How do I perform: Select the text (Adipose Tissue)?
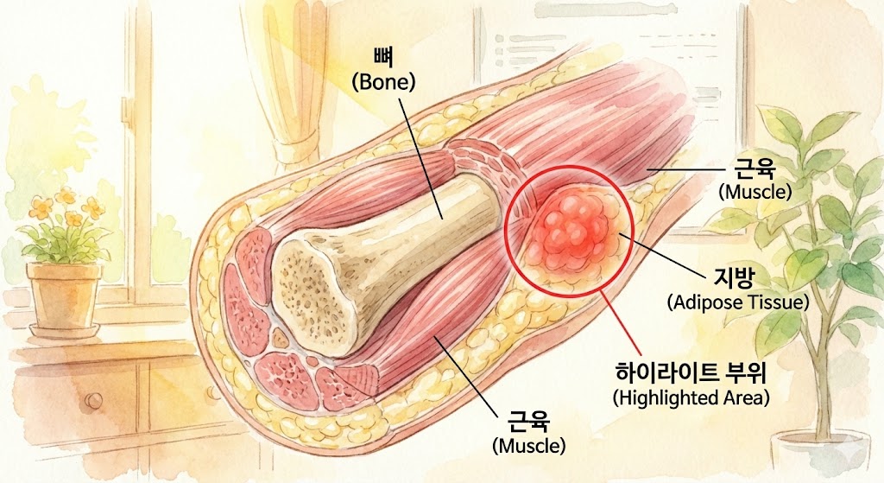coord(737,302)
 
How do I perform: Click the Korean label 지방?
coord(736,278)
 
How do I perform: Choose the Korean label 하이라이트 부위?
coord(691,373)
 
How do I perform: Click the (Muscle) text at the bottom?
coord(528,446)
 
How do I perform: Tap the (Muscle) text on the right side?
coord(755,191)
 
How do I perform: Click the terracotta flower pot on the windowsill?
coord(64,294)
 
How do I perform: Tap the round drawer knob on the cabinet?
coord(91,400)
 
